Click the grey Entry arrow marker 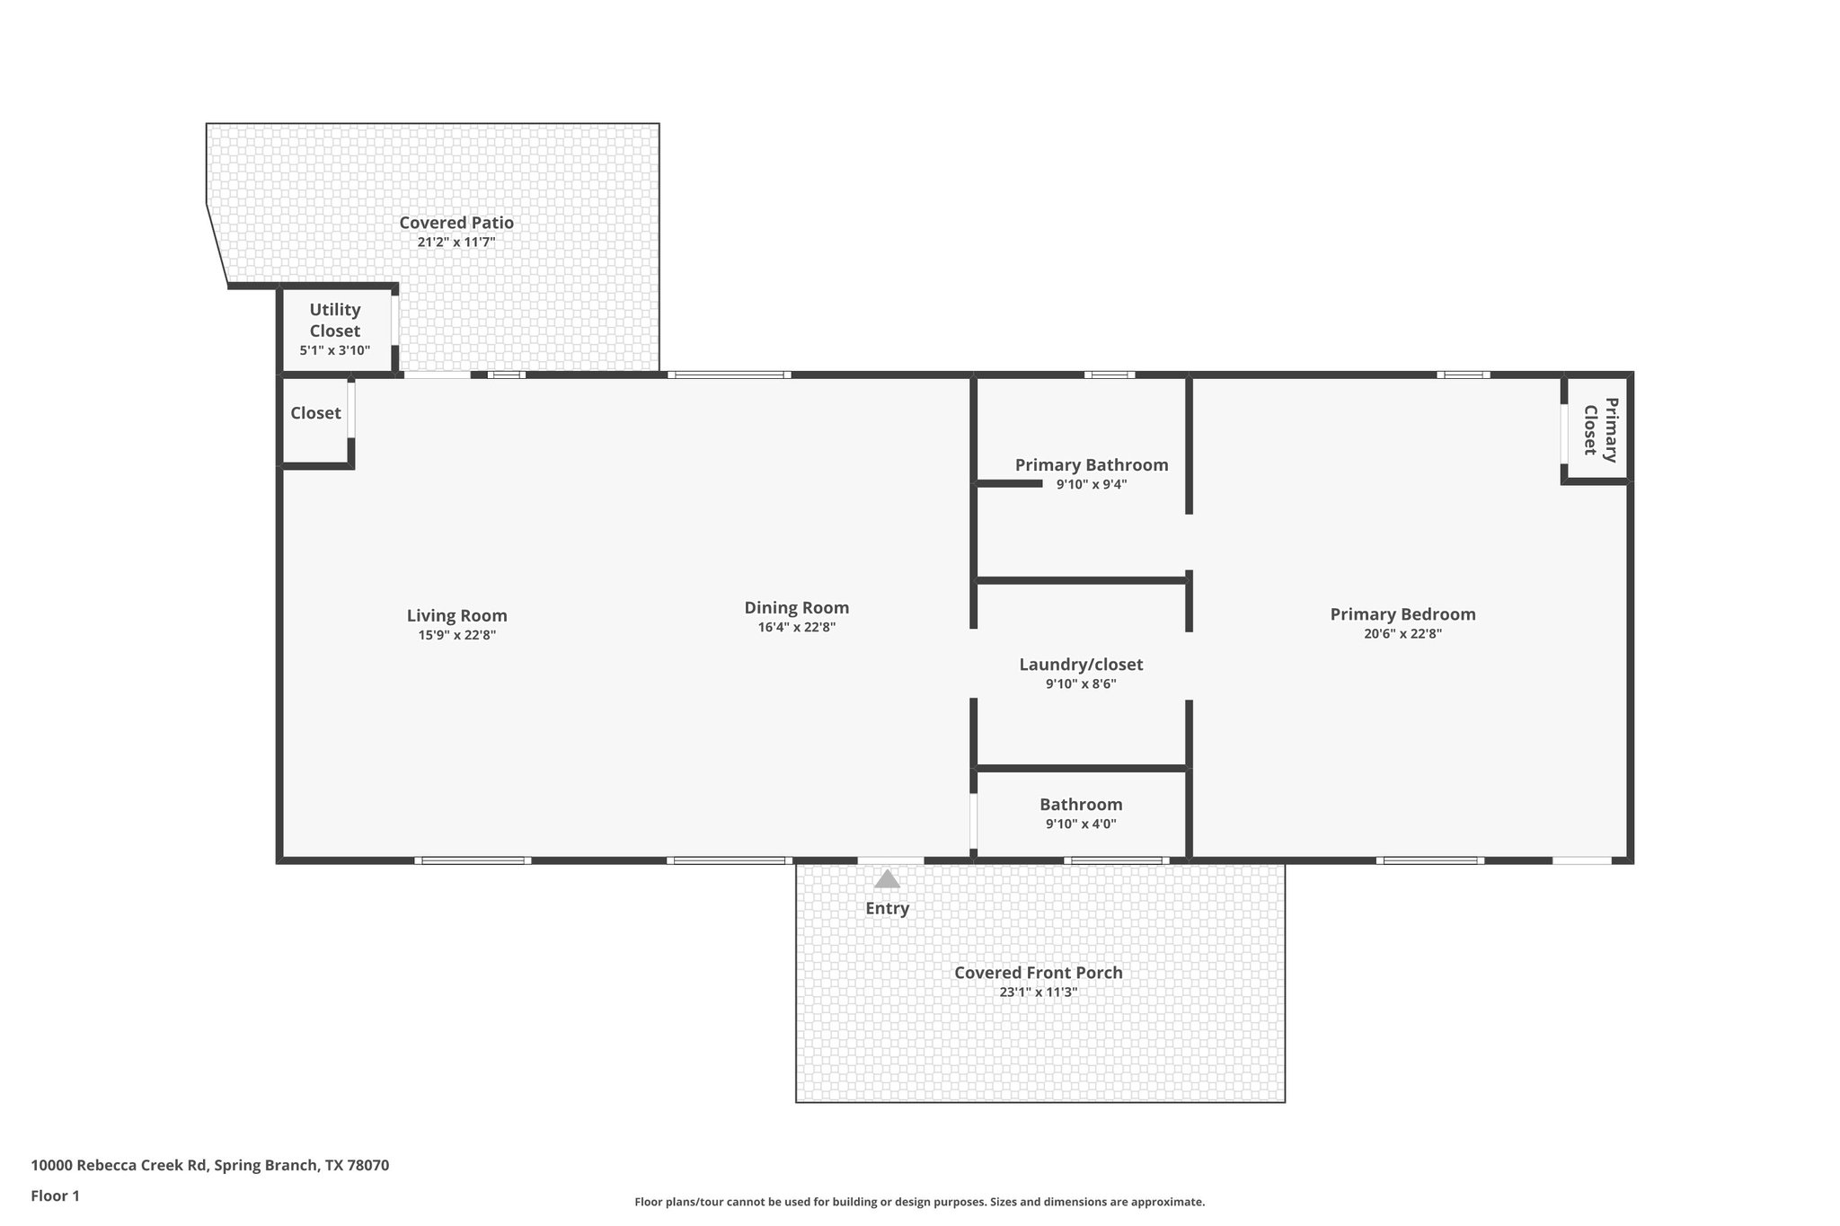[887, 879]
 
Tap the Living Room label [456, 615]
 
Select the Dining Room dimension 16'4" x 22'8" [796, 628]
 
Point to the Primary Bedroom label [1402, 614]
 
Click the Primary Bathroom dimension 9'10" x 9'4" [1091, 485]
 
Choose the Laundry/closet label [1081, 665]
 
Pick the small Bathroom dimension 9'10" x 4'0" [1081, 825]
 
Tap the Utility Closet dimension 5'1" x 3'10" [334, 350]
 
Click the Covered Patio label [456, 223]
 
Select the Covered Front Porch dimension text [1038, 992]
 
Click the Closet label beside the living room [315, 413]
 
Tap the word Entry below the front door [887, 908]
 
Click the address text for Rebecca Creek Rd [209, 1166]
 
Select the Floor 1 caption [55, 1195]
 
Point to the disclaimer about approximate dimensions [919, 1202]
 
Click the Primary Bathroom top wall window [1109, 375]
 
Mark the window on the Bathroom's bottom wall [1116, 860]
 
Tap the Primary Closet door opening [1564, 433]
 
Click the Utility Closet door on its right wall [394, 320]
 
